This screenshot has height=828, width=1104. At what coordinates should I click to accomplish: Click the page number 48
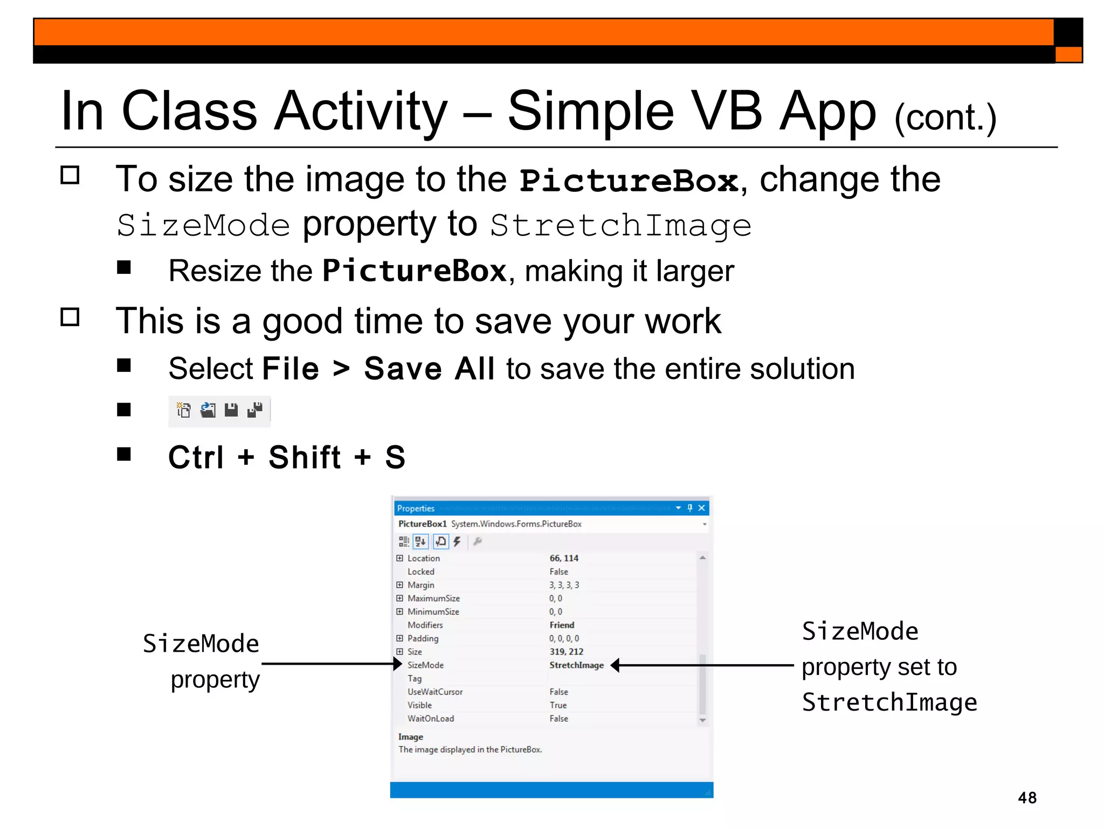point(1027,797)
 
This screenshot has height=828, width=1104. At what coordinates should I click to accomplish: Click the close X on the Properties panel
point(701,508)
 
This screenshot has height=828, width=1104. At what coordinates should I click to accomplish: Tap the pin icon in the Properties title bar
point(689,508)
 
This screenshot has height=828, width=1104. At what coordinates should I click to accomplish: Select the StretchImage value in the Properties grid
point(576,665)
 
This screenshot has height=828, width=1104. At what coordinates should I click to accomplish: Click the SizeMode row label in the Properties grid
point(425,665)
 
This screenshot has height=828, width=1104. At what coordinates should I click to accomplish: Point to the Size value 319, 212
point(566,652)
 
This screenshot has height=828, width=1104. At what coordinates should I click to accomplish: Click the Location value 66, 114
point(564,558)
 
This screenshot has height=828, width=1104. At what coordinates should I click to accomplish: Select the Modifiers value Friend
point(562,625)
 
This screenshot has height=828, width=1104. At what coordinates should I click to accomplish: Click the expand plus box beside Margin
point(399,585)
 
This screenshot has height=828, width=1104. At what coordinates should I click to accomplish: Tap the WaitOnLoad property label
point(430,719)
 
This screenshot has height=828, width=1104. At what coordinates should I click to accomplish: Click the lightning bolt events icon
point(457,541)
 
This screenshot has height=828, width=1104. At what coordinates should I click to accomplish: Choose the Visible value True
point(558,705)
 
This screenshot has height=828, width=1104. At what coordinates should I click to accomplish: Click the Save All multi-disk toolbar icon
point(254,410)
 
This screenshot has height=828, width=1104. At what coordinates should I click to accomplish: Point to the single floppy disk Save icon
point(231,410)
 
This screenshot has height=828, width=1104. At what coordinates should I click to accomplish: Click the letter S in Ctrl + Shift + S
point(395,457)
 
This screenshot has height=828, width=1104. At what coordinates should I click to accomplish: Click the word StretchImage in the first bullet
point(620,225)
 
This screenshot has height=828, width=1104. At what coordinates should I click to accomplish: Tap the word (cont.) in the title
point(945,118)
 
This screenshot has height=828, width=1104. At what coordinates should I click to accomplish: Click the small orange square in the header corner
point(1068,54)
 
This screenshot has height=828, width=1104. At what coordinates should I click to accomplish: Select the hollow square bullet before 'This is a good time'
point(70,317)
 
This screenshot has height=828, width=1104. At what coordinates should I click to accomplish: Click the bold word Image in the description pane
point(410,737)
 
